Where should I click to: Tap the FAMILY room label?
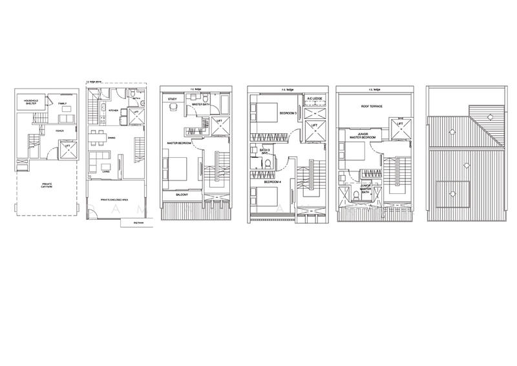click(x=63, y=103)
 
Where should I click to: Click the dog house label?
click(x=136, y=222)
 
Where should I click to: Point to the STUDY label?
click(x=173, y=100)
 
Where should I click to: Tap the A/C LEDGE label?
click(x=315, y=99)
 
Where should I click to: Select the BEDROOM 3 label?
click(x=288, y=113)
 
